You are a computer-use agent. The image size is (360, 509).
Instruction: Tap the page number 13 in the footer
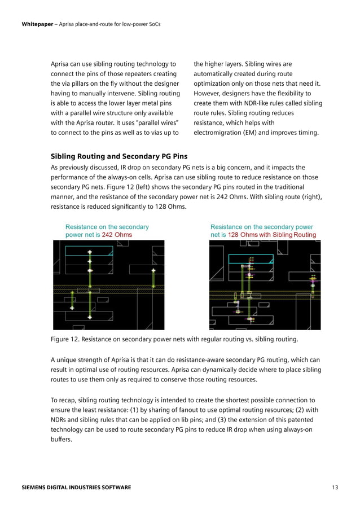coord(335,487)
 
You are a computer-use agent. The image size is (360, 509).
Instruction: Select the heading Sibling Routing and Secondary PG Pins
coord(119,156)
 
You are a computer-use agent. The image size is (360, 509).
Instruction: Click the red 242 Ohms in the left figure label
coord(117,235)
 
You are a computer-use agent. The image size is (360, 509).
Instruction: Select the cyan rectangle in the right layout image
coord(250,258)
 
